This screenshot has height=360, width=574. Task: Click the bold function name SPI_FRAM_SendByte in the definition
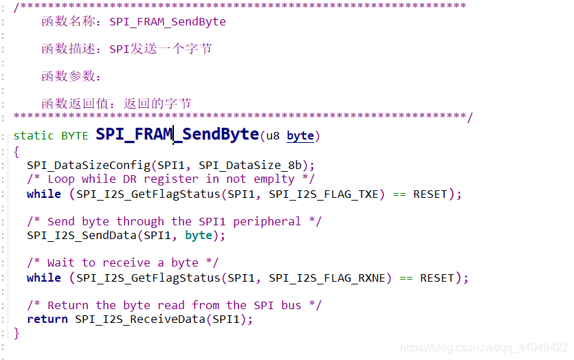pos(177,134)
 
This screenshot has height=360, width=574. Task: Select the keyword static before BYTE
pos(34,136)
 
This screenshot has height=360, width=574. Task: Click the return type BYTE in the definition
pos(74,136)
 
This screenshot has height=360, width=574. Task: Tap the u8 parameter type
pos(272,136)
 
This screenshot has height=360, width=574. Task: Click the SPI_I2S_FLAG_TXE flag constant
pos(327,194)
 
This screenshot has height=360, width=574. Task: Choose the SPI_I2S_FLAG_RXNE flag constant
pos(330,278)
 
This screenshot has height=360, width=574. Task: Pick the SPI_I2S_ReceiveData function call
pos(136,319)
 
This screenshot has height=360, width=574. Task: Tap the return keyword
pos(47,319)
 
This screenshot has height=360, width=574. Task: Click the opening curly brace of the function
pos(16,151)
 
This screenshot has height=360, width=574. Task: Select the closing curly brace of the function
pos(16,333)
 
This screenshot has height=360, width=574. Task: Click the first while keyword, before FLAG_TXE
pos(44,194)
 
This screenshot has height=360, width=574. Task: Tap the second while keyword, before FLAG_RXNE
pos(44,278)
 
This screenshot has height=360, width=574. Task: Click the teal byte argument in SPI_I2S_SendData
pos(199,235)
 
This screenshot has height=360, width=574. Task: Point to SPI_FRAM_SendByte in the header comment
pos(168,21)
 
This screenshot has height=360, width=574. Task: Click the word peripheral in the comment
pos(267,221)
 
